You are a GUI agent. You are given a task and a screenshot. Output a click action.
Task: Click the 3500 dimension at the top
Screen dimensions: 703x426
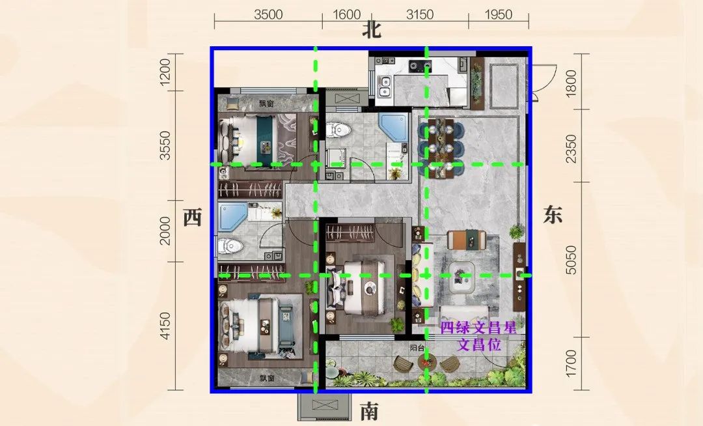tap(268, 15)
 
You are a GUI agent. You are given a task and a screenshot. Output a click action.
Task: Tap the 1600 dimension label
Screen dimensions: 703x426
tap(346, 15)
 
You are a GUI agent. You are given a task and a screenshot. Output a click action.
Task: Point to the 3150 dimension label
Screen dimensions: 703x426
tap(420, 15)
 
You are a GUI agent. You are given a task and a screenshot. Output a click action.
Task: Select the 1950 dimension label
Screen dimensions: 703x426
tap(498, 15)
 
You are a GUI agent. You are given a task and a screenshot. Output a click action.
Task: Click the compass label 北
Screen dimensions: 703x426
tap(372, 30)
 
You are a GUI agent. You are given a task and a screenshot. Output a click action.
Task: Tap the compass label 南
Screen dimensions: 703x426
tap(369, 411)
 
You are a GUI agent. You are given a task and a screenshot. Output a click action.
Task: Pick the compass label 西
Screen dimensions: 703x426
tap(192, 218)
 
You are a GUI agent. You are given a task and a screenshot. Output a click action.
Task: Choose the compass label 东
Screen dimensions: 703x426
tap(552, 214)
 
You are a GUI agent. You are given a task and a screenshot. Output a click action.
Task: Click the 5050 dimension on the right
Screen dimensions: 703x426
tap(571, 260)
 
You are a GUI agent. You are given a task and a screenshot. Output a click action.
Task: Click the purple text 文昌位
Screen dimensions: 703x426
tap(478, 345)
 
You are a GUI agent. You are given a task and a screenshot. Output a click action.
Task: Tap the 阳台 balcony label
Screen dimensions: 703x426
tap(417, 348)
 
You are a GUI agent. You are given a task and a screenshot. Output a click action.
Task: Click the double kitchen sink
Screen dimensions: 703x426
tap(385, 87)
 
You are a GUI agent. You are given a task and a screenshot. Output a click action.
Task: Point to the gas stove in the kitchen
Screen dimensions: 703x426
tap(420, 66)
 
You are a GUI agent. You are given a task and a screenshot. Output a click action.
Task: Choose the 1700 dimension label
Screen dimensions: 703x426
tap(571, 363)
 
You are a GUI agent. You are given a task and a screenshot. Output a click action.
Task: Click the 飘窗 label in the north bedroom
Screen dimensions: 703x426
tap(267, 104)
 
